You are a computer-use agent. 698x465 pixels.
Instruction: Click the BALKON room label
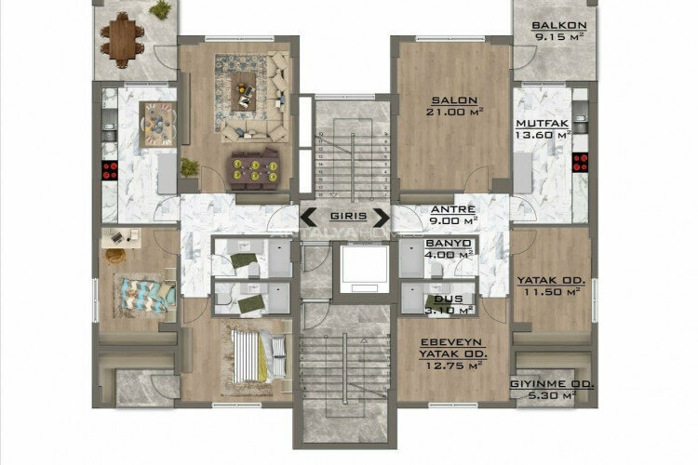click(x=559, y=27)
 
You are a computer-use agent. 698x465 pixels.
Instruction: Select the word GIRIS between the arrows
click(x=343, y=218)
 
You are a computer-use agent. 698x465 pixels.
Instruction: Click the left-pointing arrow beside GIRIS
click(x=306, y=218)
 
